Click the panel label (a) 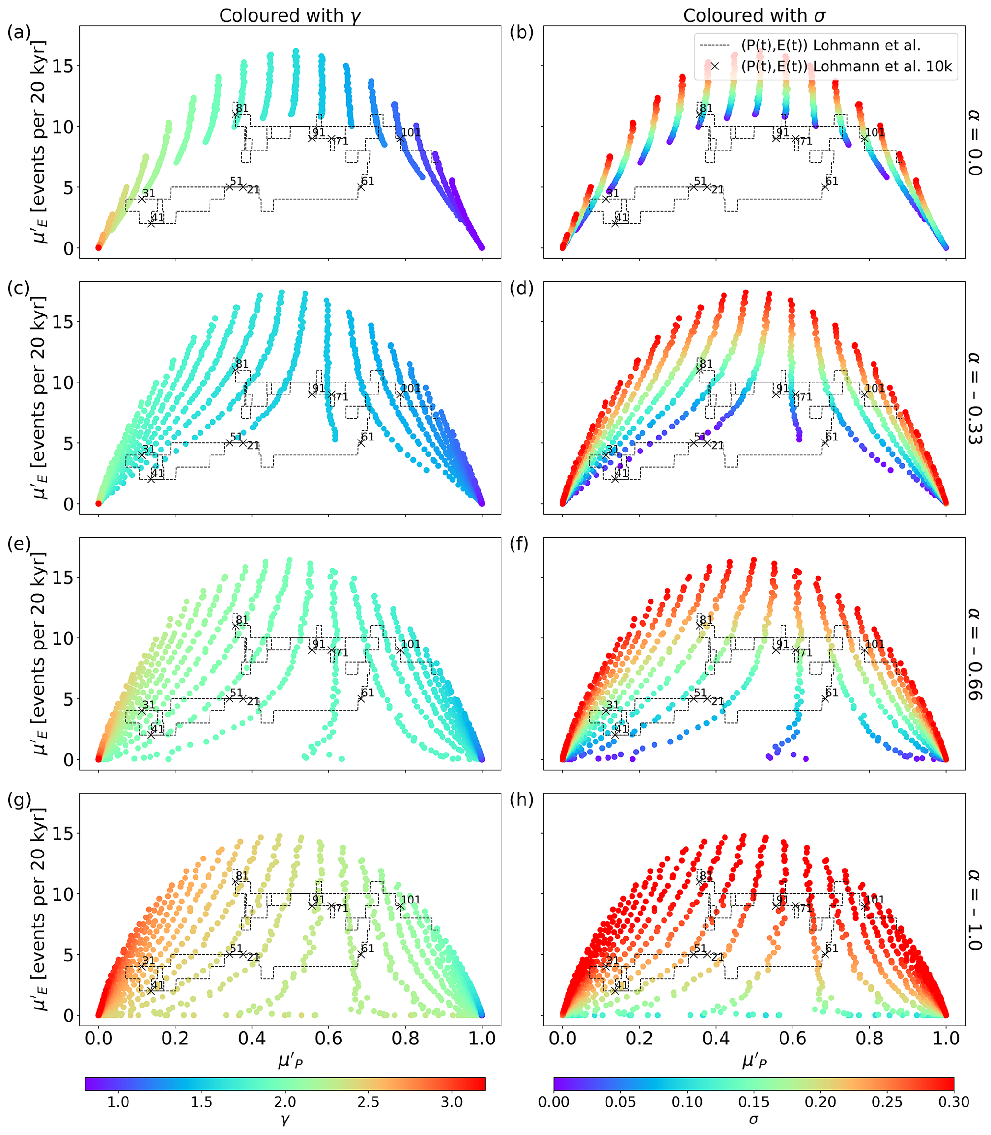coord(18,33)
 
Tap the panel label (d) coord(522,289)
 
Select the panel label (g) coord(18,800)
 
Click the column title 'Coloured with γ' coord(290,15)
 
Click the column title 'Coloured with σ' coord(754,15)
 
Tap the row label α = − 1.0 coord(974,909)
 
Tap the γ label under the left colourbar coord(285,1121)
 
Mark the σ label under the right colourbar coord(754,1121)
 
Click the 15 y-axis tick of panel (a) coord(63,66)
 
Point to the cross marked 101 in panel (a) coord(400,138)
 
